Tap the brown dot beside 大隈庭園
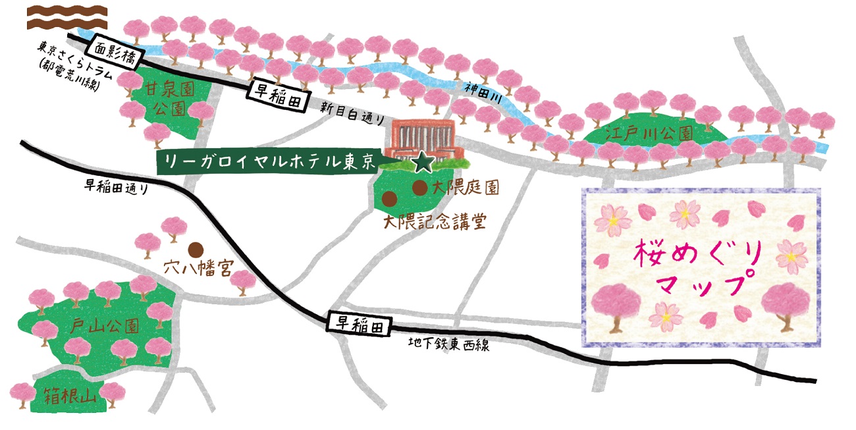419,188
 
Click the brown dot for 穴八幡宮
195,249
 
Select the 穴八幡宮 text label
191,269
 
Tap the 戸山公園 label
106,326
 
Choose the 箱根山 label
70,396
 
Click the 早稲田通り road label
116,187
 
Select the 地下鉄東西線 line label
448,344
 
